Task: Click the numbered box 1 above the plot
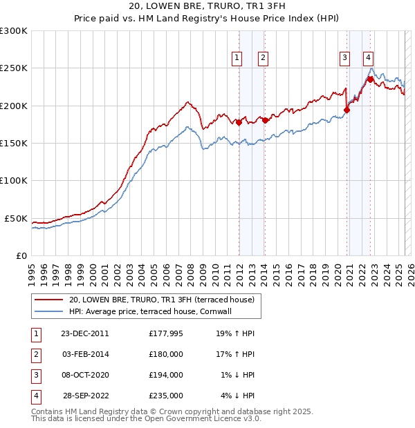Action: [x=237, y=59]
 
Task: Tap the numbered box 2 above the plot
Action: [x=264, y=59]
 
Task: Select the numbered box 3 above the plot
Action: [x=344, y=59]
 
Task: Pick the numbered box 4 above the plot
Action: [x=369, y=59]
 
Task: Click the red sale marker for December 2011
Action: [x=239, y=122]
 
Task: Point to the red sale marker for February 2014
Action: [x=265, y=121]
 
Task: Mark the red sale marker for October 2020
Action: [x=347, y=110]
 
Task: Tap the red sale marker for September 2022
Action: [x=371, y=79]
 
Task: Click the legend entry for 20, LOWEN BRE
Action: [x=162, y=300]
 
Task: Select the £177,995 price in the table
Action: [x=166, y=333]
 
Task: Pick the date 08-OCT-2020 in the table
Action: [x=86, y=375]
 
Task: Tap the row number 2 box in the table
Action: [x=35, y=354]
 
